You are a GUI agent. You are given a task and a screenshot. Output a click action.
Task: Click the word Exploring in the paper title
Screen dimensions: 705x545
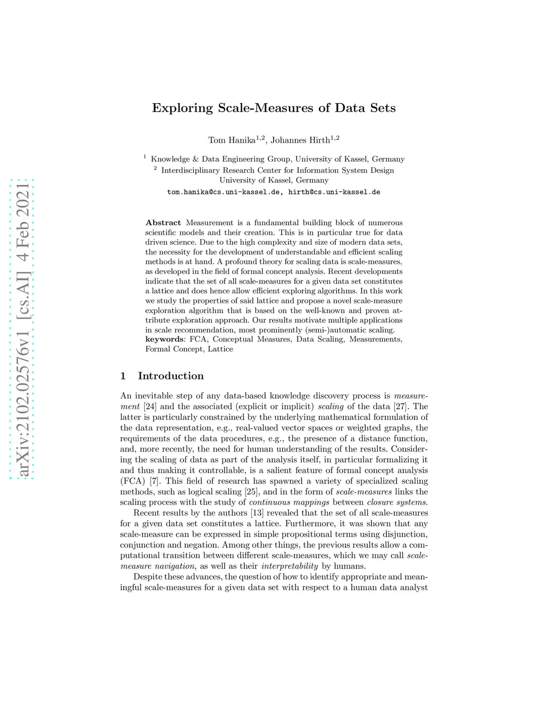pyautogui.click(x=182, y=108)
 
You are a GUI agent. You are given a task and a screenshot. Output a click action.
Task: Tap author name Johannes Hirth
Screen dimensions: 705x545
pyautogui.click(x=300, y=140)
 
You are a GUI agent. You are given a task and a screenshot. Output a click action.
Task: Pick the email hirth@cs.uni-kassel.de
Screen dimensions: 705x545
pyautogui.click(x=334, y=192)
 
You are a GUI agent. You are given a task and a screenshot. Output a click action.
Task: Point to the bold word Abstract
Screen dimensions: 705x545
pyautogui.click(x=163, y=223)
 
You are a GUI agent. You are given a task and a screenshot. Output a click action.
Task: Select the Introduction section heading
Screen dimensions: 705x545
pyautogui.click(x=171, y=376)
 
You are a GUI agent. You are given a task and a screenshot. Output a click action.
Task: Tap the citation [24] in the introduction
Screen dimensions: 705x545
pyautogui.click(x=150, y=407)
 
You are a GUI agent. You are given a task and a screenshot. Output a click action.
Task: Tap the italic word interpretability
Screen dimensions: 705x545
pyautogui.click(x=290, y=566)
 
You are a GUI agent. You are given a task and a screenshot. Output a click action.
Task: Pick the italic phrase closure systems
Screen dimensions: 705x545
pyautogui.click(x=397, y=502)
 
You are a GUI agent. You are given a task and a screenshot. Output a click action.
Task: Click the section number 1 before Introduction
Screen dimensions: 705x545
pyautogui.click(x=123, y=376)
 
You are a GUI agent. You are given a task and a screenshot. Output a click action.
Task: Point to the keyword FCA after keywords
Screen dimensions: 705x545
pyautogui.click(x=198, y=339)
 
